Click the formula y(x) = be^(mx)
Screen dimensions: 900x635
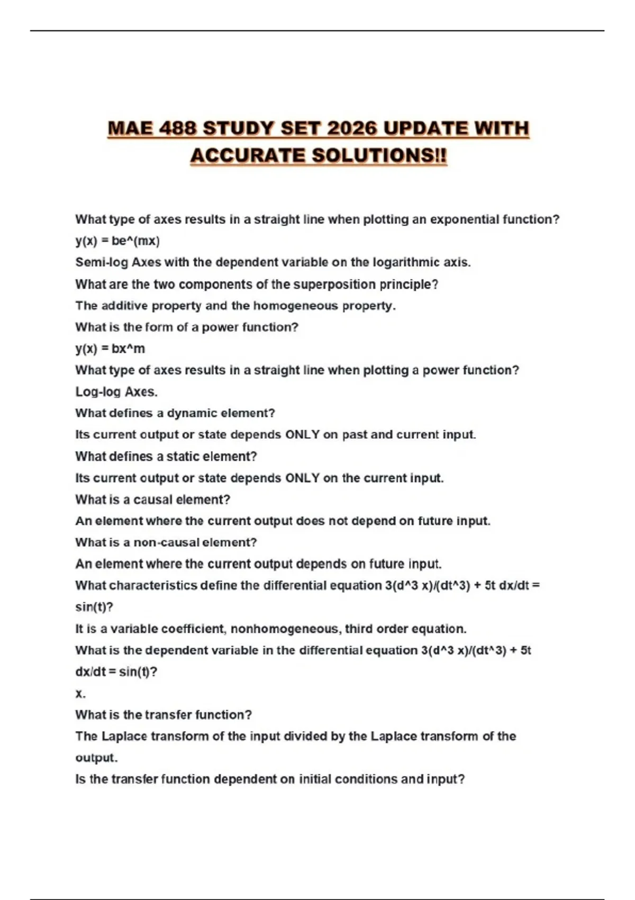point(117,241)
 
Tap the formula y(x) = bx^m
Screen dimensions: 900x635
point(110,349)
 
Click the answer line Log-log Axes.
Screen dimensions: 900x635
point(116,392)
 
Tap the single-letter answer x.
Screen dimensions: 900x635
point(80,694)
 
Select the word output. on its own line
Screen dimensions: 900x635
point(96,758)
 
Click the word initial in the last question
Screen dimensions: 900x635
point(315,779)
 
